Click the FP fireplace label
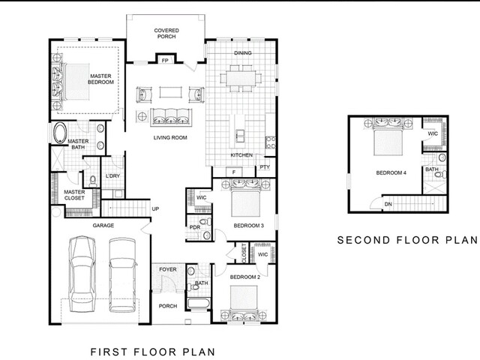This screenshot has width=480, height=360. point(165,60)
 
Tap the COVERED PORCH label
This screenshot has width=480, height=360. point(166,33)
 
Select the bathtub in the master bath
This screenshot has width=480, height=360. point(60,133)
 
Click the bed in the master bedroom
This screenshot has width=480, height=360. point(76,82)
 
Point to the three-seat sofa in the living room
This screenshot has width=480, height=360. point(171,117)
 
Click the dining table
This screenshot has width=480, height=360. point(241,78)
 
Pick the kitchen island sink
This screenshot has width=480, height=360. point(240,136)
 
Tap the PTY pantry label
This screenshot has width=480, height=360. point(265,167)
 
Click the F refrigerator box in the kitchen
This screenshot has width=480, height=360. point(234,172)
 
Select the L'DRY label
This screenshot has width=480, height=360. point(112,176)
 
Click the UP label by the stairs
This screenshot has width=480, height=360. point(155,209)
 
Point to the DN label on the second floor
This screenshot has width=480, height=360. point(388,204)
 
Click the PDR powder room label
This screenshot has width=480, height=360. point(195,227)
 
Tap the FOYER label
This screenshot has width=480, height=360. point(168,269)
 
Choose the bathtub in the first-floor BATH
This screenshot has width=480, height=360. point(198,304)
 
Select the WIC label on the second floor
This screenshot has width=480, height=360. point(433,133)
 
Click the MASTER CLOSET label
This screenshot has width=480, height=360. point(74,195)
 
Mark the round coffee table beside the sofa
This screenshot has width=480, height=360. point(142,116)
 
